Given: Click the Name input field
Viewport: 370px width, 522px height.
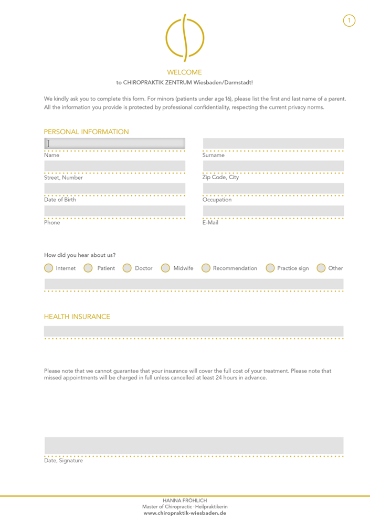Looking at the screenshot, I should [114, 143].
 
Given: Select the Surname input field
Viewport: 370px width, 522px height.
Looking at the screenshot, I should [273, 143].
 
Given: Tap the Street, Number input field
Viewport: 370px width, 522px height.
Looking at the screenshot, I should [114, 166].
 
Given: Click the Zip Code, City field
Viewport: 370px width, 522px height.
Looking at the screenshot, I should [273, 166].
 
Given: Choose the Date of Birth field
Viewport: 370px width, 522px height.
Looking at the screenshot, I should [114, 188].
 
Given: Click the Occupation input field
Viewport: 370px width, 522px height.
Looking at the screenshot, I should [273, 188].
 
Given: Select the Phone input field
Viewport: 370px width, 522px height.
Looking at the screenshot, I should [114, 211].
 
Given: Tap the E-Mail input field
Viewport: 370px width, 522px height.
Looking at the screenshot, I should [273, 211].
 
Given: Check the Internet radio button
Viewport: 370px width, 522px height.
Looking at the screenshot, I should [49, 268].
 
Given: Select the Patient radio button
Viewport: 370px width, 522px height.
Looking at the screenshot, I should [88, 268].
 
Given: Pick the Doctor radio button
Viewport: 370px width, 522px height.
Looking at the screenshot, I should [127, 268].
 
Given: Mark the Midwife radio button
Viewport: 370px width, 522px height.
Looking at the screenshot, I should [165, 268].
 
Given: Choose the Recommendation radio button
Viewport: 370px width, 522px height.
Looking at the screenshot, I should [206, 268].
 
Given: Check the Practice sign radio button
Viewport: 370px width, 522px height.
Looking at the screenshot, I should [270, 268].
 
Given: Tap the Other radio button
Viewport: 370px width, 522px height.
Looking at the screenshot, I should [321, 268].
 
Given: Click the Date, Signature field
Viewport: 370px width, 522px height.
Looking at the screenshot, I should [194, 445].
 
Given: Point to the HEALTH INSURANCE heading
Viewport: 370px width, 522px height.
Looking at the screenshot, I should [77, 317].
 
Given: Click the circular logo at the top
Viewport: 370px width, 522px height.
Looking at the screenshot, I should [185, 38].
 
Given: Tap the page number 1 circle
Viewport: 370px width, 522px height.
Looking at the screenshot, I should [349, 20].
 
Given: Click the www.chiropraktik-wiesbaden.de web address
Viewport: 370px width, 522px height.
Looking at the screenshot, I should [185, 514].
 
